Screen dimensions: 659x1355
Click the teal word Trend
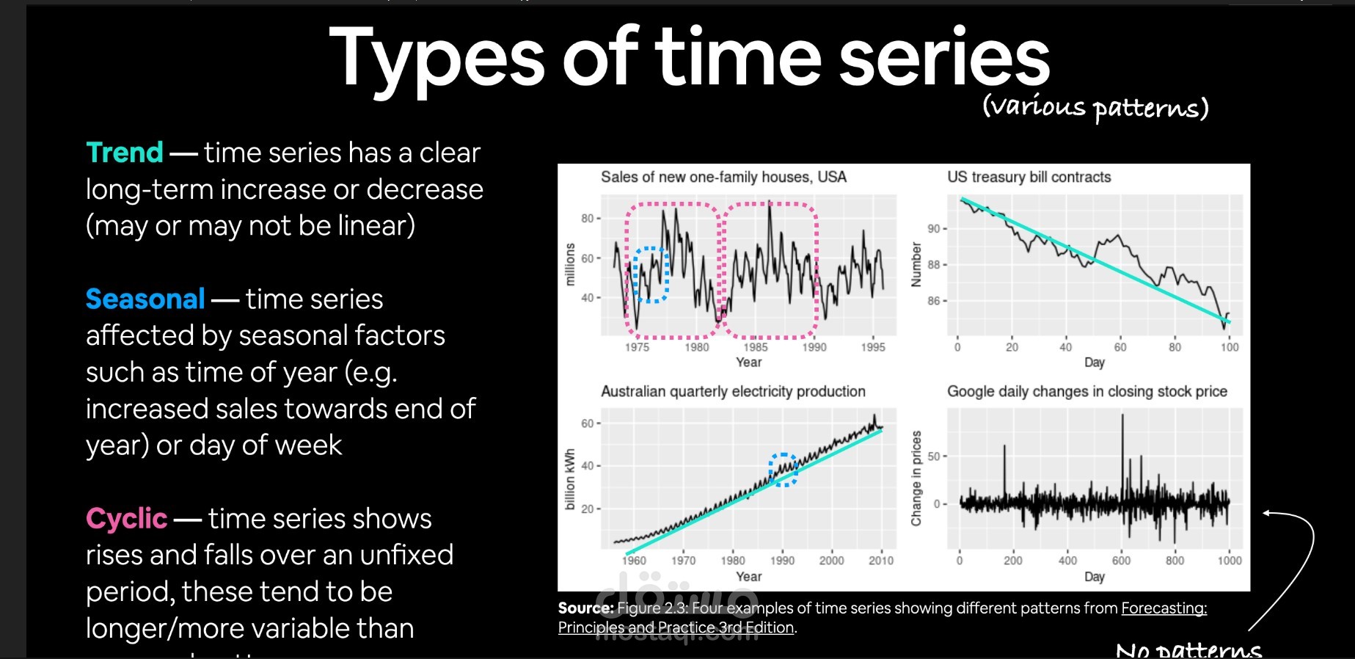tap(124, 153)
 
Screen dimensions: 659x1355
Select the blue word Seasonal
tap(145, 299)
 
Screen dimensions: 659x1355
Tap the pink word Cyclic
tap(126, 519)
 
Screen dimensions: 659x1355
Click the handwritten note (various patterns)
tap(1095, 108)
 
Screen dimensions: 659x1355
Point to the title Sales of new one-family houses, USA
tap(723, 177)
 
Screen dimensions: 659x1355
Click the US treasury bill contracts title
tap(1029, 177)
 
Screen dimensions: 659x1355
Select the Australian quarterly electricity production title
tap(733, 391)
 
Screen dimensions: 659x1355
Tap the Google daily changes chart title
tap(1086, 391)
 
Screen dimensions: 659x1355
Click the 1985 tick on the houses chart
tap(755, 347)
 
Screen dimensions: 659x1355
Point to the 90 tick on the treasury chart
tap(933, 228)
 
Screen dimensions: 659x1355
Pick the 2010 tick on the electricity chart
tap(880, 561)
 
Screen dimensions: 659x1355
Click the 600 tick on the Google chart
tap(1121, 561)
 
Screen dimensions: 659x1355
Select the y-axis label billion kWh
tap(570, 480)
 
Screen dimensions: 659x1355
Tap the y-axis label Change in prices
tap(916, 478)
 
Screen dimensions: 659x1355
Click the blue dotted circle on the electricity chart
tap(783, 470)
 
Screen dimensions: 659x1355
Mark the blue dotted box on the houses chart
tap(650, 274)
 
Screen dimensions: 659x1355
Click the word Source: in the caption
tap(585, 608)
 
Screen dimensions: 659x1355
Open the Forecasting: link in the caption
tap(1164, 608)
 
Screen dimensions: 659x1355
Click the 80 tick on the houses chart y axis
tap(587, 218)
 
